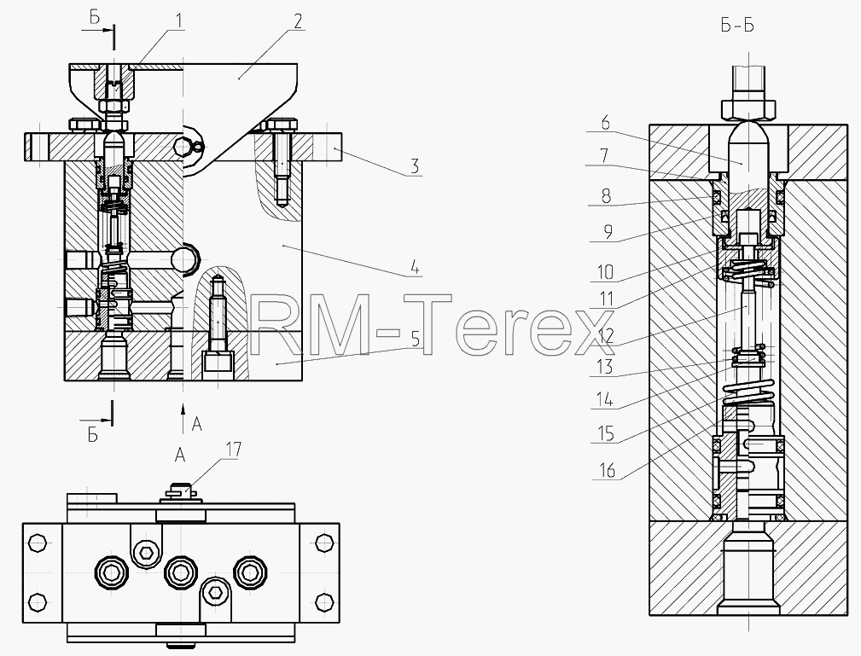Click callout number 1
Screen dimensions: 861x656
[x=178, y=21]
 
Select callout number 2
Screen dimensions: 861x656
[x=297, y=21]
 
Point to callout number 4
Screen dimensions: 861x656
[x=415, y=269]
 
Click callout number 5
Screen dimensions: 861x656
[x=416, y=339]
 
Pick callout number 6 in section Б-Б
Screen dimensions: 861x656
[x=605, y=123]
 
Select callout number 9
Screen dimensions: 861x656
[x=606, y=233]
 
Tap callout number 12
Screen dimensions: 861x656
[x=606, y=336]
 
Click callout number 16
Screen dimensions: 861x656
[x=607, y=470]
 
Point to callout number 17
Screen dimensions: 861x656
[x=232, y=450]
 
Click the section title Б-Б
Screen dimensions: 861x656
[x=737, y=26]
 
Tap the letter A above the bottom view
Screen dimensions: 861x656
[x=179, y=455]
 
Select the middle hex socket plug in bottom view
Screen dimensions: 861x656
[x=180, y=573]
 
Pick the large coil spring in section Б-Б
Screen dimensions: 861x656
[x=748, y=393]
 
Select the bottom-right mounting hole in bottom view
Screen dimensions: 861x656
[x=324, y=601]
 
